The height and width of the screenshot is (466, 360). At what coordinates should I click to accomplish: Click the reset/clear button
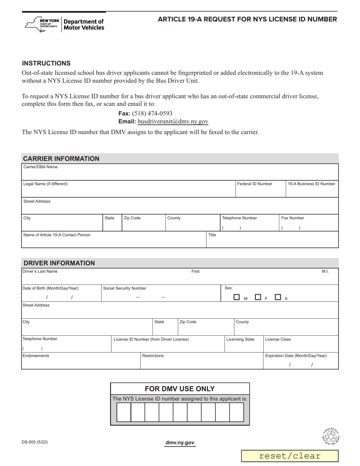tap(290, 456)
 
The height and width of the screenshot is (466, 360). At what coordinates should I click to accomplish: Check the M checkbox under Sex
tap(237, 297)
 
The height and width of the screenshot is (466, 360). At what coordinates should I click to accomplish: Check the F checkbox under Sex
tap(258, 297)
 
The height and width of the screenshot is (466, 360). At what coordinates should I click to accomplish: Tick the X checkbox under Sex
tap(278, 297)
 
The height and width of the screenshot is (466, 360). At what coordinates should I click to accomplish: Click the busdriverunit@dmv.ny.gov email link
tap(173, 122)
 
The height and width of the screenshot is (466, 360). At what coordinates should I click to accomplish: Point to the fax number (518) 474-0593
tap(152, 113)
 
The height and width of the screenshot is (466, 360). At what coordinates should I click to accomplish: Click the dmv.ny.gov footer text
tap(180, 443)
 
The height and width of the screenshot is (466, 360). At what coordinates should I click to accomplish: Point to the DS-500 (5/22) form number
tap(35, 442)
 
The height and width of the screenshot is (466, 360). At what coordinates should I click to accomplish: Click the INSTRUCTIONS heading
tap(46, 63)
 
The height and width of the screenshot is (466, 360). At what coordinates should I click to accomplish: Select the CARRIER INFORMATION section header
tap(61, 159)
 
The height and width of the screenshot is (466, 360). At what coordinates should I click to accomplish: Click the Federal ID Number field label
tap(255, 184)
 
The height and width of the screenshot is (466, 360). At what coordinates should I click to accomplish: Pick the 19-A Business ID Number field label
tap(311, 184)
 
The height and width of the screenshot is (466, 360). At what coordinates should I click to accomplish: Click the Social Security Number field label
tap(125, 288)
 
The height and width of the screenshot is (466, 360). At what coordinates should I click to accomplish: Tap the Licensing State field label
tap(240, 339)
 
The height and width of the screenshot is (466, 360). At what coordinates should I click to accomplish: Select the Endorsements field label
tap(36, 356)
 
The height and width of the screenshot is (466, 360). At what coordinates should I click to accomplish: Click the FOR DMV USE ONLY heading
tap(180, 389)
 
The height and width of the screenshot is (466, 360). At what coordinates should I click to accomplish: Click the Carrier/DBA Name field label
tap(41, 167)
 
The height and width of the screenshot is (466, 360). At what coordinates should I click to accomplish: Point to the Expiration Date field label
tap(296, 356)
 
